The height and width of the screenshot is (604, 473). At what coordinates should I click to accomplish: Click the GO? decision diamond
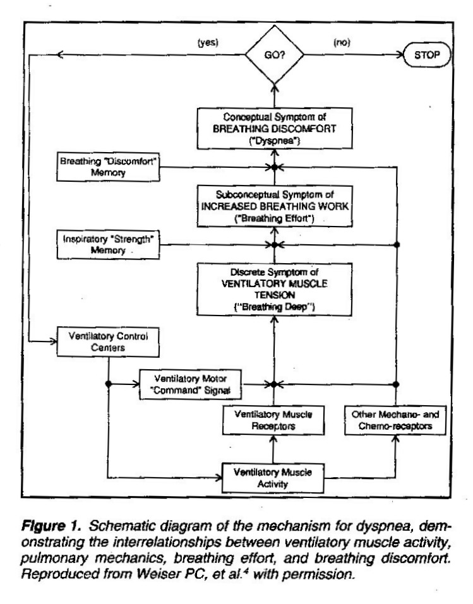(x=275, y=54)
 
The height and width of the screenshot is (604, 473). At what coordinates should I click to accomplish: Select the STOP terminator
(x=427, y=55)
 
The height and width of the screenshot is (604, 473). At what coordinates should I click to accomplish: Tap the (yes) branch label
(x=208, y=42)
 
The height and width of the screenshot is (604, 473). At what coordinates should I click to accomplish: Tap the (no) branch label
(x=342, y=42)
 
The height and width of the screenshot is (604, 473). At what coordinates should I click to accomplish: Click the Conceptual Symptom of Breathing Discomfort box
(x=275, y=128)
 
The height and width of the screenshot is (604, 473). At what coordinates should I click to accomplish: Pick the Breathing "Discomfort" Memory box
(x=108, y=167)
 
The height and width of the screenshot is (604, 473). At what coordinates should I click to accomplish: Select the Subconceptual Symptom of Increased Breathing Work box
(x=275, y=206)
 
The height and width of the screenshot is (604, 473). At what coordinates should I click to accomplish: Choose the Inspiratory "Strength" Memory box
(x=108, y=245)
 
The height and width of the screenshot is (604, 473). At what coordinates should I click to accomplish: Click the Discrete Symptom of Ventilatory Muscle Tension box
(x=275, y=289)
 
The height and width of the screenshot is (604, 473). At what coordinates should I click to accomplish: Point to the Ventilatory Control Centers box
(x=108, y=341)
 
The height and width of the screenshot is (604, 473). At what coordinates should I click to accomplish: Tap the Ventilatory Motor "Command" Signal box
(x=191, y=384)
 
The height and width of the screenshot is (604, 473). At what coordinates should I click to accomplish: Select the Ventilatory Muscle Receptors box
(x=273, y=420)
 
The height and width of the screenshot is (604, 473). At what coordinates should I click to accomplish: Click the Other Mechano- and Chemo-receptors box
(x=395, y=420)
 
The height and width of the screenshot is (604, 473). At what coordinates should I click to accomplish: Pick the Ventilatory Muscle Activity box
(x=273, y=478)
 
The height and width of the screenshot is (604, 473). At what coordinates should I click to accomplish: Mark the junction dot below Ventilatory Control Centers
(x=109, y=384)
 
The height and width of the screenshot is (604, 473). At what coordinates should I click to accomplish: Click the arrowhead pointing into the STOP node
(x=400, y=55)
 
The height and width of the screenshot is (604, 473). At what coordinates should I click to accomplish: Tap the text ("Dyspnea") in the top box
(x=275, y=141)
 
